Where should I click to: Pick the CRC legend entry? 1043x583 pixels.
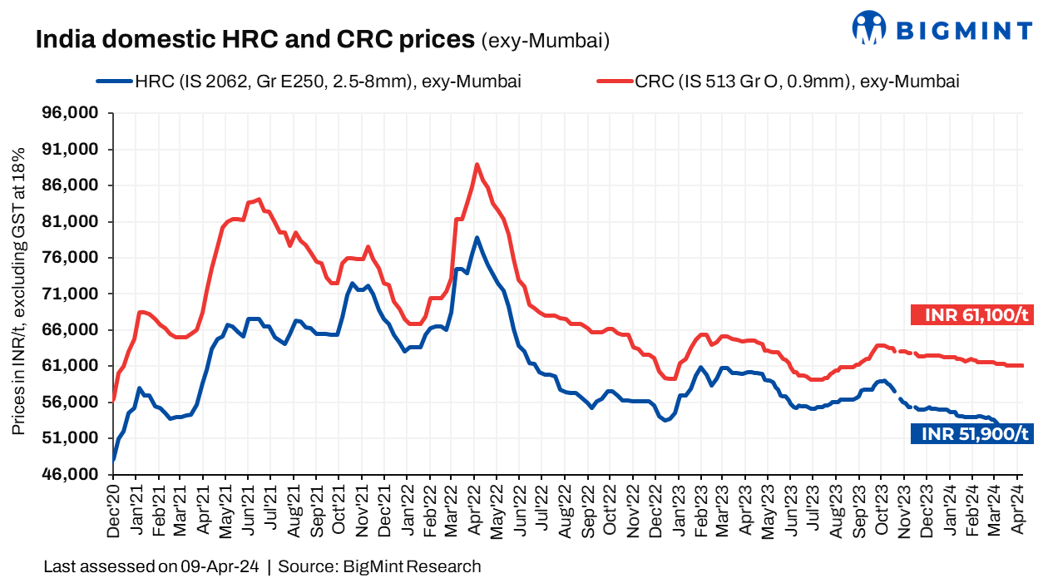778,82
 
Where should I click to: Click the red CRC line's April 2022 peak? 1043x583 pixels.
477,164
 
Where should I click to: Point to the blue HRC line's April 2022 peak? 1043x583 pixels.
477,237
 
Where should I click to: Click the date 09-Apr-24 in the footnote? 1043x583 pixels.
220,567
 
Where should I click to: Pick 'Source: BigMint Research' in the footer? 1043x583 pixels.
379,567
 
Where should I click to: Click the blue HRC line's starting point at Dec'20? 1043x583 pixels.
114,458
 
